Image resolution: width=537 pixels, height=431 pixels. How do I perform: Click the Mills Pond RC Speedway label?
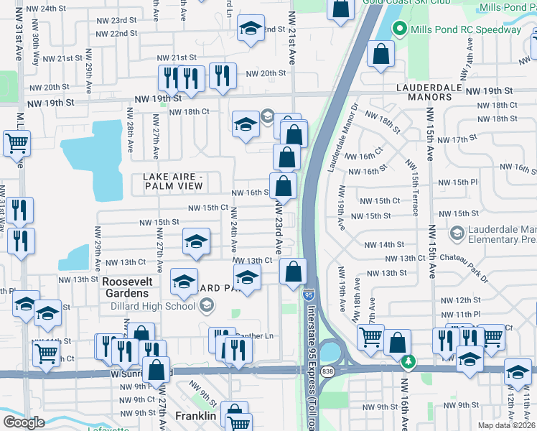pyautogui.click(x=465, y=29)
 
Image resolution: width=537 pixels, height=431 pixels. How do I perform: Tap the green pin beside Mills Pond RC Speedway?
pyautogui.click(x=399, y=29)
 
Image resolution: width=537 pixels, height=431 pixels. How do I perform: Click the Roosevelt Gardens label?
pyautogui.click(x=125, y=287)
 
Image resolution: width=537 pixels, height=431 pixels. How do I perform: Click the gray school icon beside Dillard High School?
pyautogui.click(x=207, y=307)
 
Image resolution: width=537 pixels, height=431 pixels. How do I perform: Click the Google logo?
pyautogui.click(x=23, y=422)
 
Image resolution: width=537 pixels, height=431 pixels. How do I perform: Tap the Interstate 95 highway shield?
pyautogui.click(x=308, y=295)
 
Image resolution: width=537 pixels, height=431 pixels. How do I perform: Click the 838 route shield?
pyautogui.click(x=328, y=371)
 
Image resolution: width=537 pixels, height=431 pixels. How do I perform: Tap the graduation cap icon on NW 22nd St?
pyautogui.click(x=250, y=29)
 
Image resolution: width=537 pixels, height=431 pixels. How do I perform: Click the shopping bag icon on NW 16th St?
pyautogui.click(x=284, y=186)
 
